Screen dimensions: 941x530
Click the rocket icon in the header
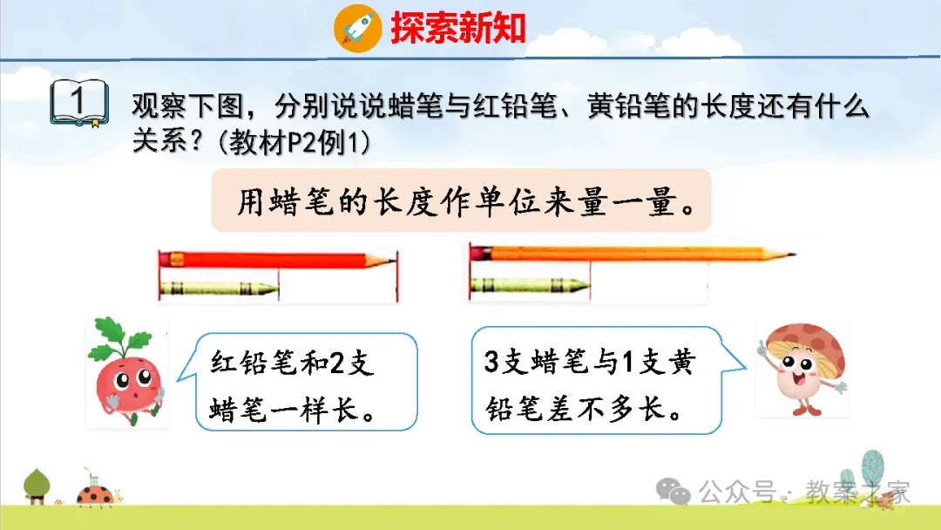[358, 28]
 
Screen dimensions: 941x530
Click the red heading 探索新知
[458, 28]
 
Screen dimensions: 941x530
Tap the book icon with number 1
[79, 103]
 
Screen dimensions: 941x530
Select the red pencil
[277, 260]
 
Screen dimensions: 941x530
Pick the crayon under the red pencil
[219, 289]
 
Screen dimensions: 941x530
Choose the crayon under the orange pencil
[530, 285]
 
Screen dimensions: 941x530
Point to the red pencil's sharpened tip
[394, 261]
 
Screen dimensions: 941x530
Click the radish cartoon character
[126, 371]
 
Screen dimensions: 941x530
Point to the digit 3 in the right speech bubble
[491, 362]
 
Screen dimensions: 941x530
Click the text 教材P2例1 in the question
[294, 143]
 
